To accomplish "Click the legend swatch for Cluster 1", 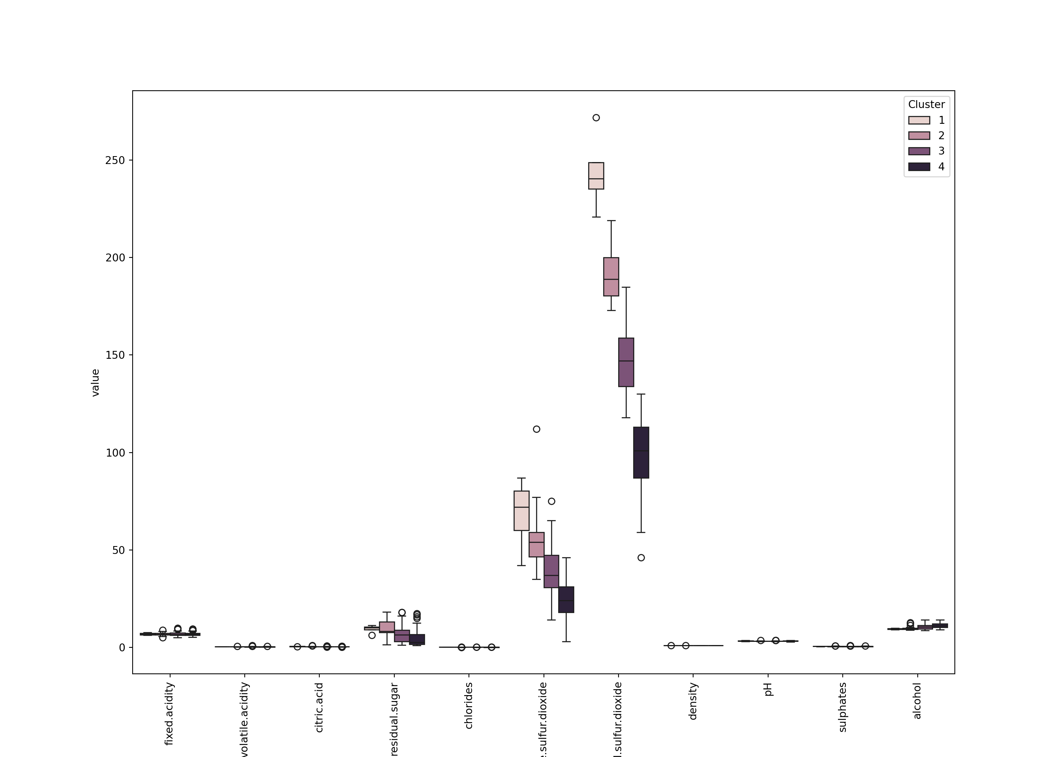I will point(919,120).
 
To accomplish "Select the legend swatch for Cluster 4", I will point(919,167).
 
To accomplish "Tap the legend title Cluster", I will point(926,104).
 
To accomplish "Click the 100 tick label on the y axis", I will point(115,453).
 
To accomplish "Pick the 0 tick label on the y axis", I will point(122,647).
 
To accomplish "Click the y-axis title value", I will point(95,382).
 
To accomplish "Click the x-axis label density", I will point(693,701).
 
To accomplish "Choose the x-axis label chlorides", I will point(469,705).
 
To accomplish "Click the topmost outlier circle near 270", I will point(596,118).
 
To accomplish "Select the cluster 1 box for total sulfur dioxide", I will point(596,176).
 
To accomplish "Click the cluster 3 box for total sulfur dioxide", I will point(626,362).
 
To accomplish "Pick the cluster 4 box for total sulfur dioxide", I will point(641,452).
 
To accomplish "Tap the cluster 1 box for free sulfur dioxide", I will point(521,511).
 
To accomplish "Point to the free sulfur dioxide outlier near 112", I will point(536,429).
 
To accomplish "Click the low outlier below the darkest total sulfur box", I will point(641,558).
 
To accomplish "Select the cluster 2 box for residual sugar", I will point(387,627).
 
